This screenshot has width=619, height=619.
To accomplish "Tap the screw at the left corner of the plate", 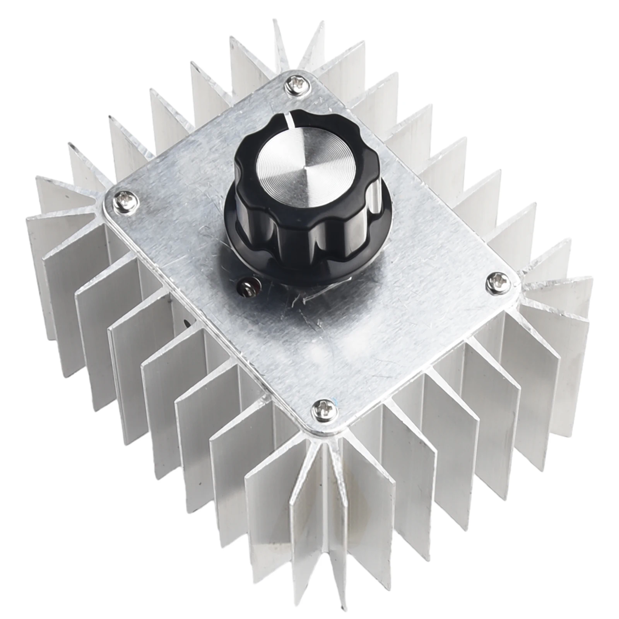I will (125, 201).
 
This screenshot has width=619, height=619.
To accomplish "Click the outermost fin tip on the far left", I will (28, 221).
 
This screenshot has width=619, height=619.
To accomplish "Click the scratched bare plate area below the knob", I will (348, 340).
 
